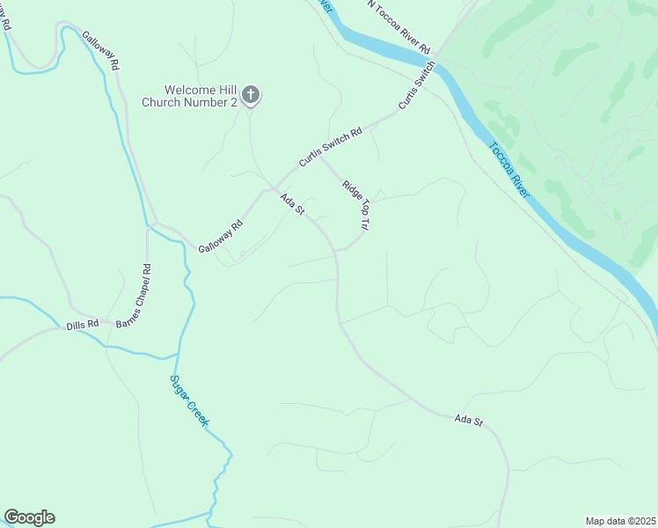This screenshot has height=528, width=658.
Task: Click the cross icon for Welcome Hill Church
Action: [x=250, y=94]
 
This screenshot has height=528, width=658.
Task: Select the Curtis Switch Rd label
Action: [x=330, y=147]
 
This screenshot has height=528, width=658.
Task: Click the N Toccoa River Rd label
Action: [x=398, y=26]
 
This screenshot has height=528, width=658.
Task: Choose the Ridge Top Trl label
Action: [x=355, y=205]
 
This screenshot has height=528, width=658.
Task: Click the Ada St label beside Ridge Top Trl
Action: [x=292, y=205]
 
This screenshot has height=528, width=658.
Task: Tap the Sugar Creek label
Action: [x=189, y=400]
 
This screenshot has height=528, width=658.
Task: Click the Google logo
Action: [x=29, y=517]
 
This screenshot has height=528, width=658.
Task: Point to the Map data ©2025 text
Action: [x=619, y=521]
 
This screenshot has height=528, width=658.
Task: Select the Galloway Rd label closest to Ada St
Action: [x=220, y=237]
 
